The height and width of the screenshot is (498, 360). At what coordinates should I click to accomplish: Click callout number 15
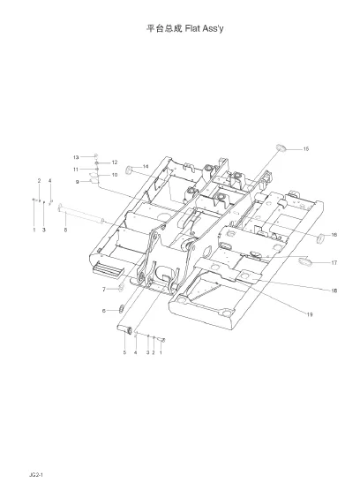(x=305, y=149)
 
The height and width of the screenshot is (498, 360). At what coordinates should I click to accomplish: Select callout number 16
(x=334, y=235)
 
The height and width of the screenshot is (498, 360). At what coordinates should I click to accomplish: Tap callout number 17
(x=334, y=262)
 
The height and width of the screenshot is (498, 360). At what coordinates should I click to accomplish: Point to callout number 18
(x=334, y=290)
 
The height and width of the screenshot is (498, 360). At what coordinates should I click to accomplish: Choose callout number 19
(x=310, y=314)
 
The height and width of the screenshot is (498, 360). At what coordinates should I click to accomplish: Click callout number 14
(x=146, y=166)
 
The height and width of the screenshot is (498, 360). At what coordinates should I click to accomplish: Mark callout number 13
(x=76, y=157)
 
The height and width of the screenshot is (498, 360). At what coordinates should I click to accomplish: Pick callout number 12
(x=115, y=162)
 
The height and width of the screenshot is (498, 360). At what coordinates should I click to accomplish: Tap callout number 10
(x=115, y=175)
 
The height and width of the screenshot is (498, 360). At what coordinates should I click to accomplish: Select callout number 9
(x=77, y=182)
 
